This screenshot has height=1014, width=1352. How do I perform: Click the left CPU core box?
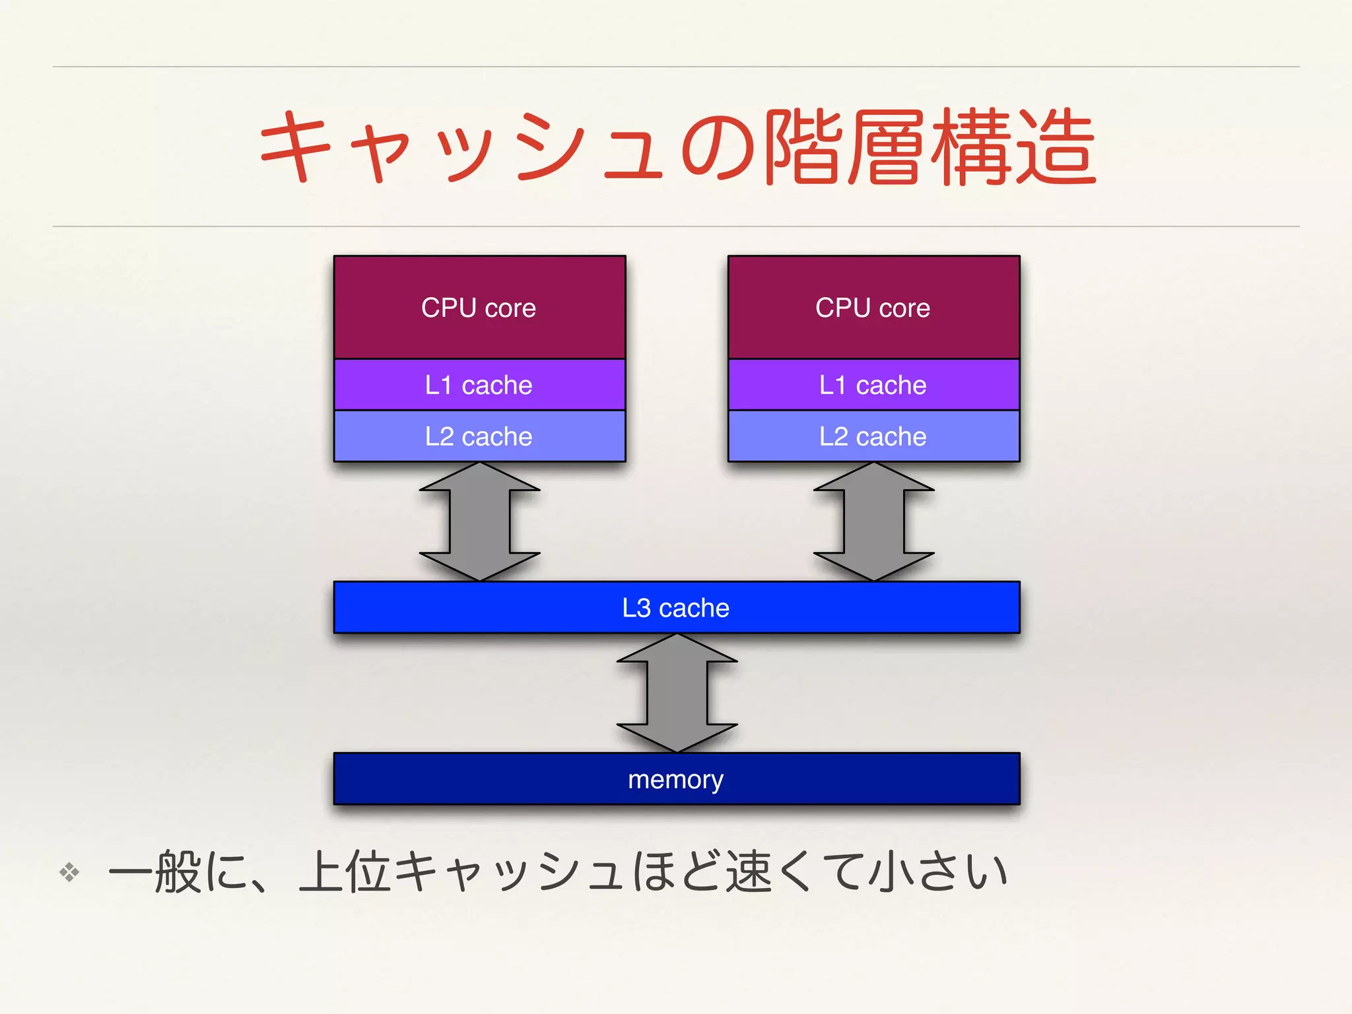click(x=479, y=308)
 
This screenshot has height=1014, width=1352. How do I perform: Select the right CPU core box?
click(x=873, y=308)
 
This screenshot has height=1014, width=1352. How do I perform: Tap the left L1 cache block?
click(x=479, y=385)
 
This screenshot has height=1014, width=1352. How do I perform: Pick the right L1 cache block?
click(x=873, y=385)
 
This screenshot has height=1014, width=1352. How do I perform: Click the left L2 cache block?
click(x=479, y=436)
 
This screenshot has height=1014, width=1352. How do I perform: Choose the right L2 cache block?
click(x=873, y=436)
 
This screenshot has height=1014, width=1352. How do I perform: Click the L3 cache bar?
click(x=676, y=607)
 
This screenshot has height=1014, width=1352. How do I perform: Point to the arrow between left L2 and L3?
click(x=480, y=522)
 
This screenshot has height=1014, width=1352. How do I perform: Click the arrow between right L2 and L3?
click(x=873, y=522)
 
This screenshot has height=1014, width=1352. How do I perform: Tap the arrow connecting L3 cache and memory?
click(x=677, y=693)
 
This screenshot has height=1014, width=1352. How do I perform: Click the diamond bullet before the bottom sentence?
click(x=69, y=872)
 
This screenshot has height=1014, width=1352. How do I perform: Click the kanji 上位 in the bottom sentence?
click(x=344, y=872)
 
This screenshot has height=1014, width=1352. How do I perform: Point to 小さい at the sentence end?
click(x=937, y=872)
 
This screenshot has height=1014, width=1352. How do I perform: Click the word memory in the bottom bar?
click(x=675, y=780)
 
